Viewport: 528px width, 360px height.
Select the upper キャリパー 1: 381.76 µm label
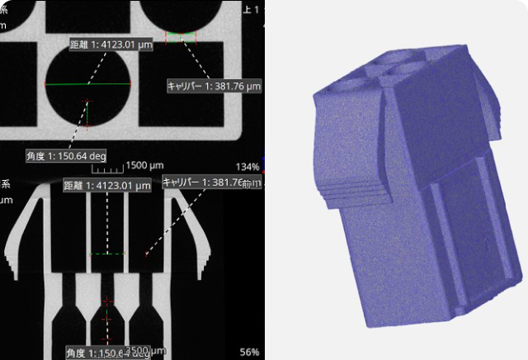tap(214, 85)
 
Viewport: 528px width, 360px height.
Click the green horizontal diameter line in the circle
tap(88, 84)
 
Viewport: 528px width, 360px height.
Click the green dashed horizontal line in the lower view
tap(107, 253)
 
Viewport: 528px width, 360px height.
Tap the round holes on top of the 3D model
tap(388, 66)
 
